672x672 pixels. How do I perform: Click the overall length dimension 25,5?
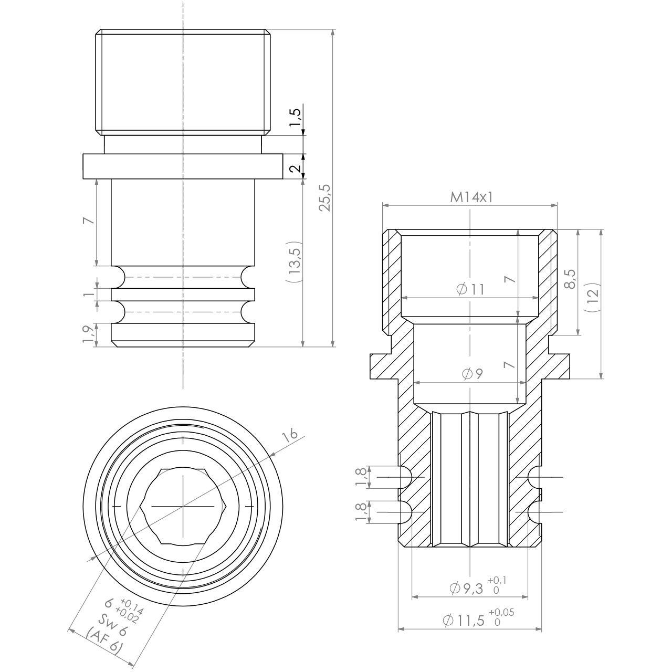[325, 197]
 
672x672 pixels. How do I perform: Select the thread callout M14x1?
[472, 197]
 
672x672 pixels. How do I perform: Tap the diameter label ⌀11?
[470, 289]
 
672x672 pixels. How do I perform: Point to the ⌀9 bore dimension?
[472, 374]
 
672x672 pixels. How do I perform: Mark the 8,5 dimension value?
[569, 279]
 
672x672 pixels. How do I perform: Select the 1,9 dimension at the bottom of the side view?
[89, 334]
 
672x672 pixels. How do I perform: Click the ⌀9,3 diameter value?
[466, 589]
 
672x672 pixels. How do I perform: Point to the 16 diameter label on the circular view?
[289, 435]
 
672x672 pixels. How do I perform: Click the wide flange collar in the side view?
[183, 166]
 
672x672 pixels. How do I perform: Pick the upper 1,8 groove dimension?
[361, 477]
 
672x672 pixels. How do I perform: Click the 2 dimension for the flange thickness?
[295, 168]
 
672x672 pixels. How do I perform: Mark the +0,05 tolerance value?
[501, 612]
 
